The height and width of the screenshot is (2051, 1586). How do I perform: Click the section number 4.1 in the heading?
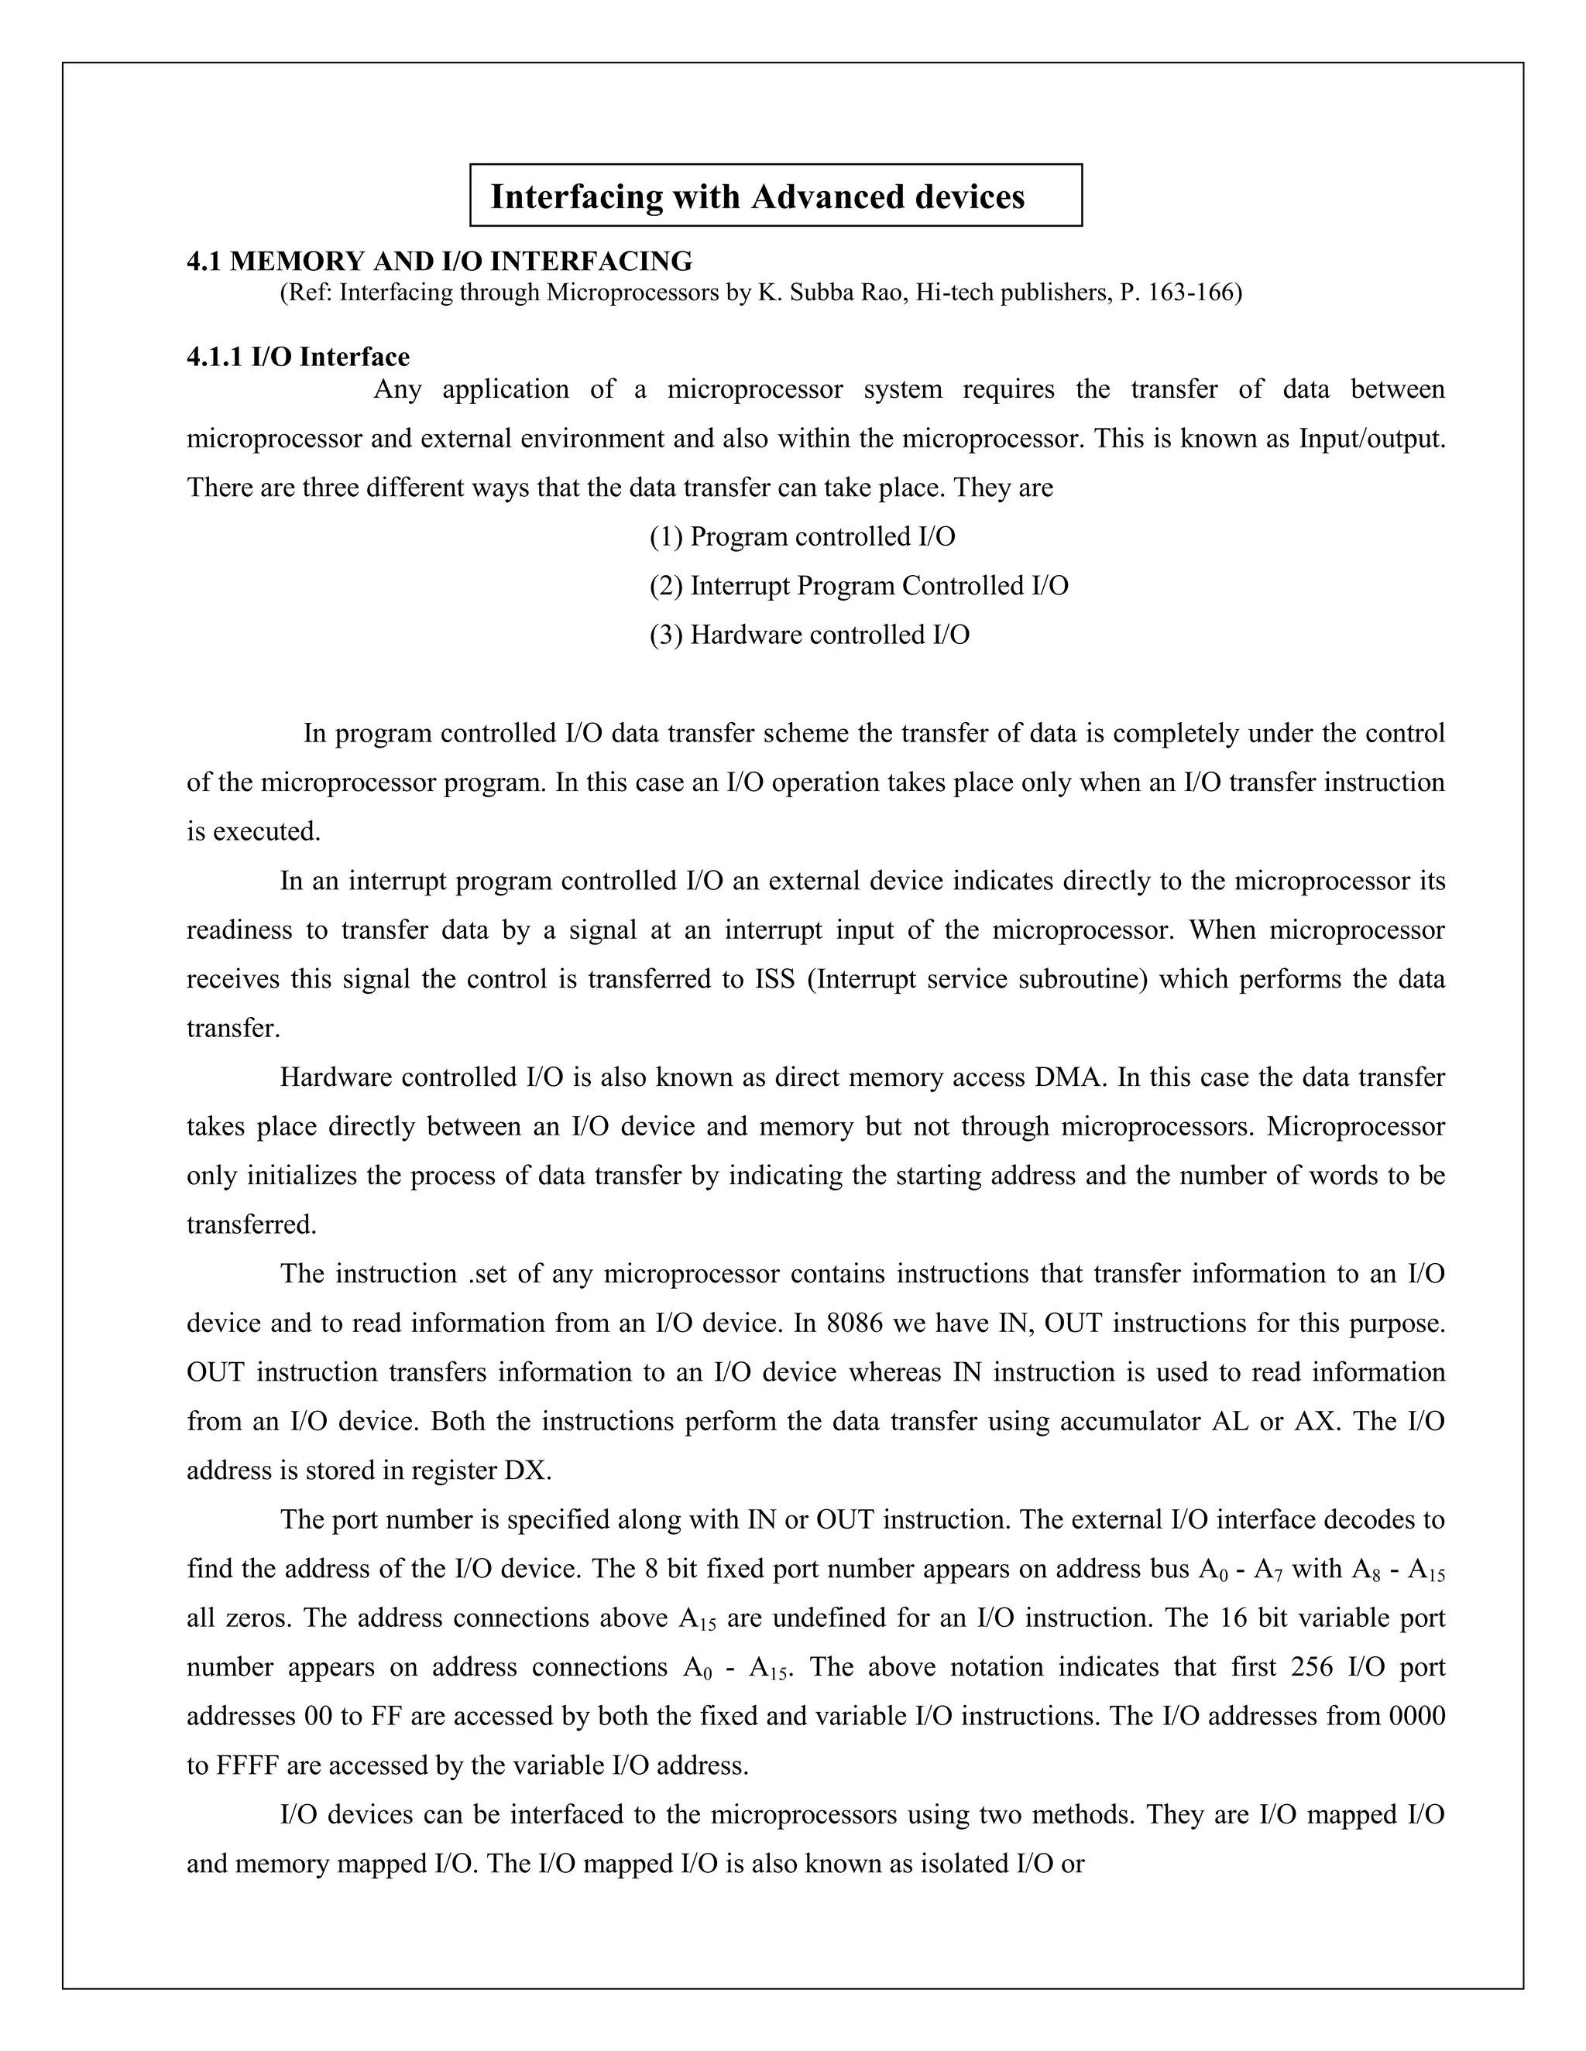(x=204, y=261)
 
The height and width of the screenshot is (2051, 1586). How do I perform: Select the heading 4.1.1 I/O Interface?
(x=298, y=357)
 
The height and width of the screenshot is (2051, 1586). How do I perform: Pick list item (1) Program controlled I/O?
(x=802, y=537)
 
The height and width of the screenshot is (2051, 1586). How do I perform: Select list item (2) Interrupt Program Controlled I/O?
(x=858, y=586)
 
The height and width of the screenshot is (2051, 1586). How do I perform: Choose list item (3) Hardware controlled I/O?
(x=809, y=635)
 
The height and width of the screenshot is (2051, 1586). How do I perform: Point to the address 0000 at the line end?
(x=1417, y=1716)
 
